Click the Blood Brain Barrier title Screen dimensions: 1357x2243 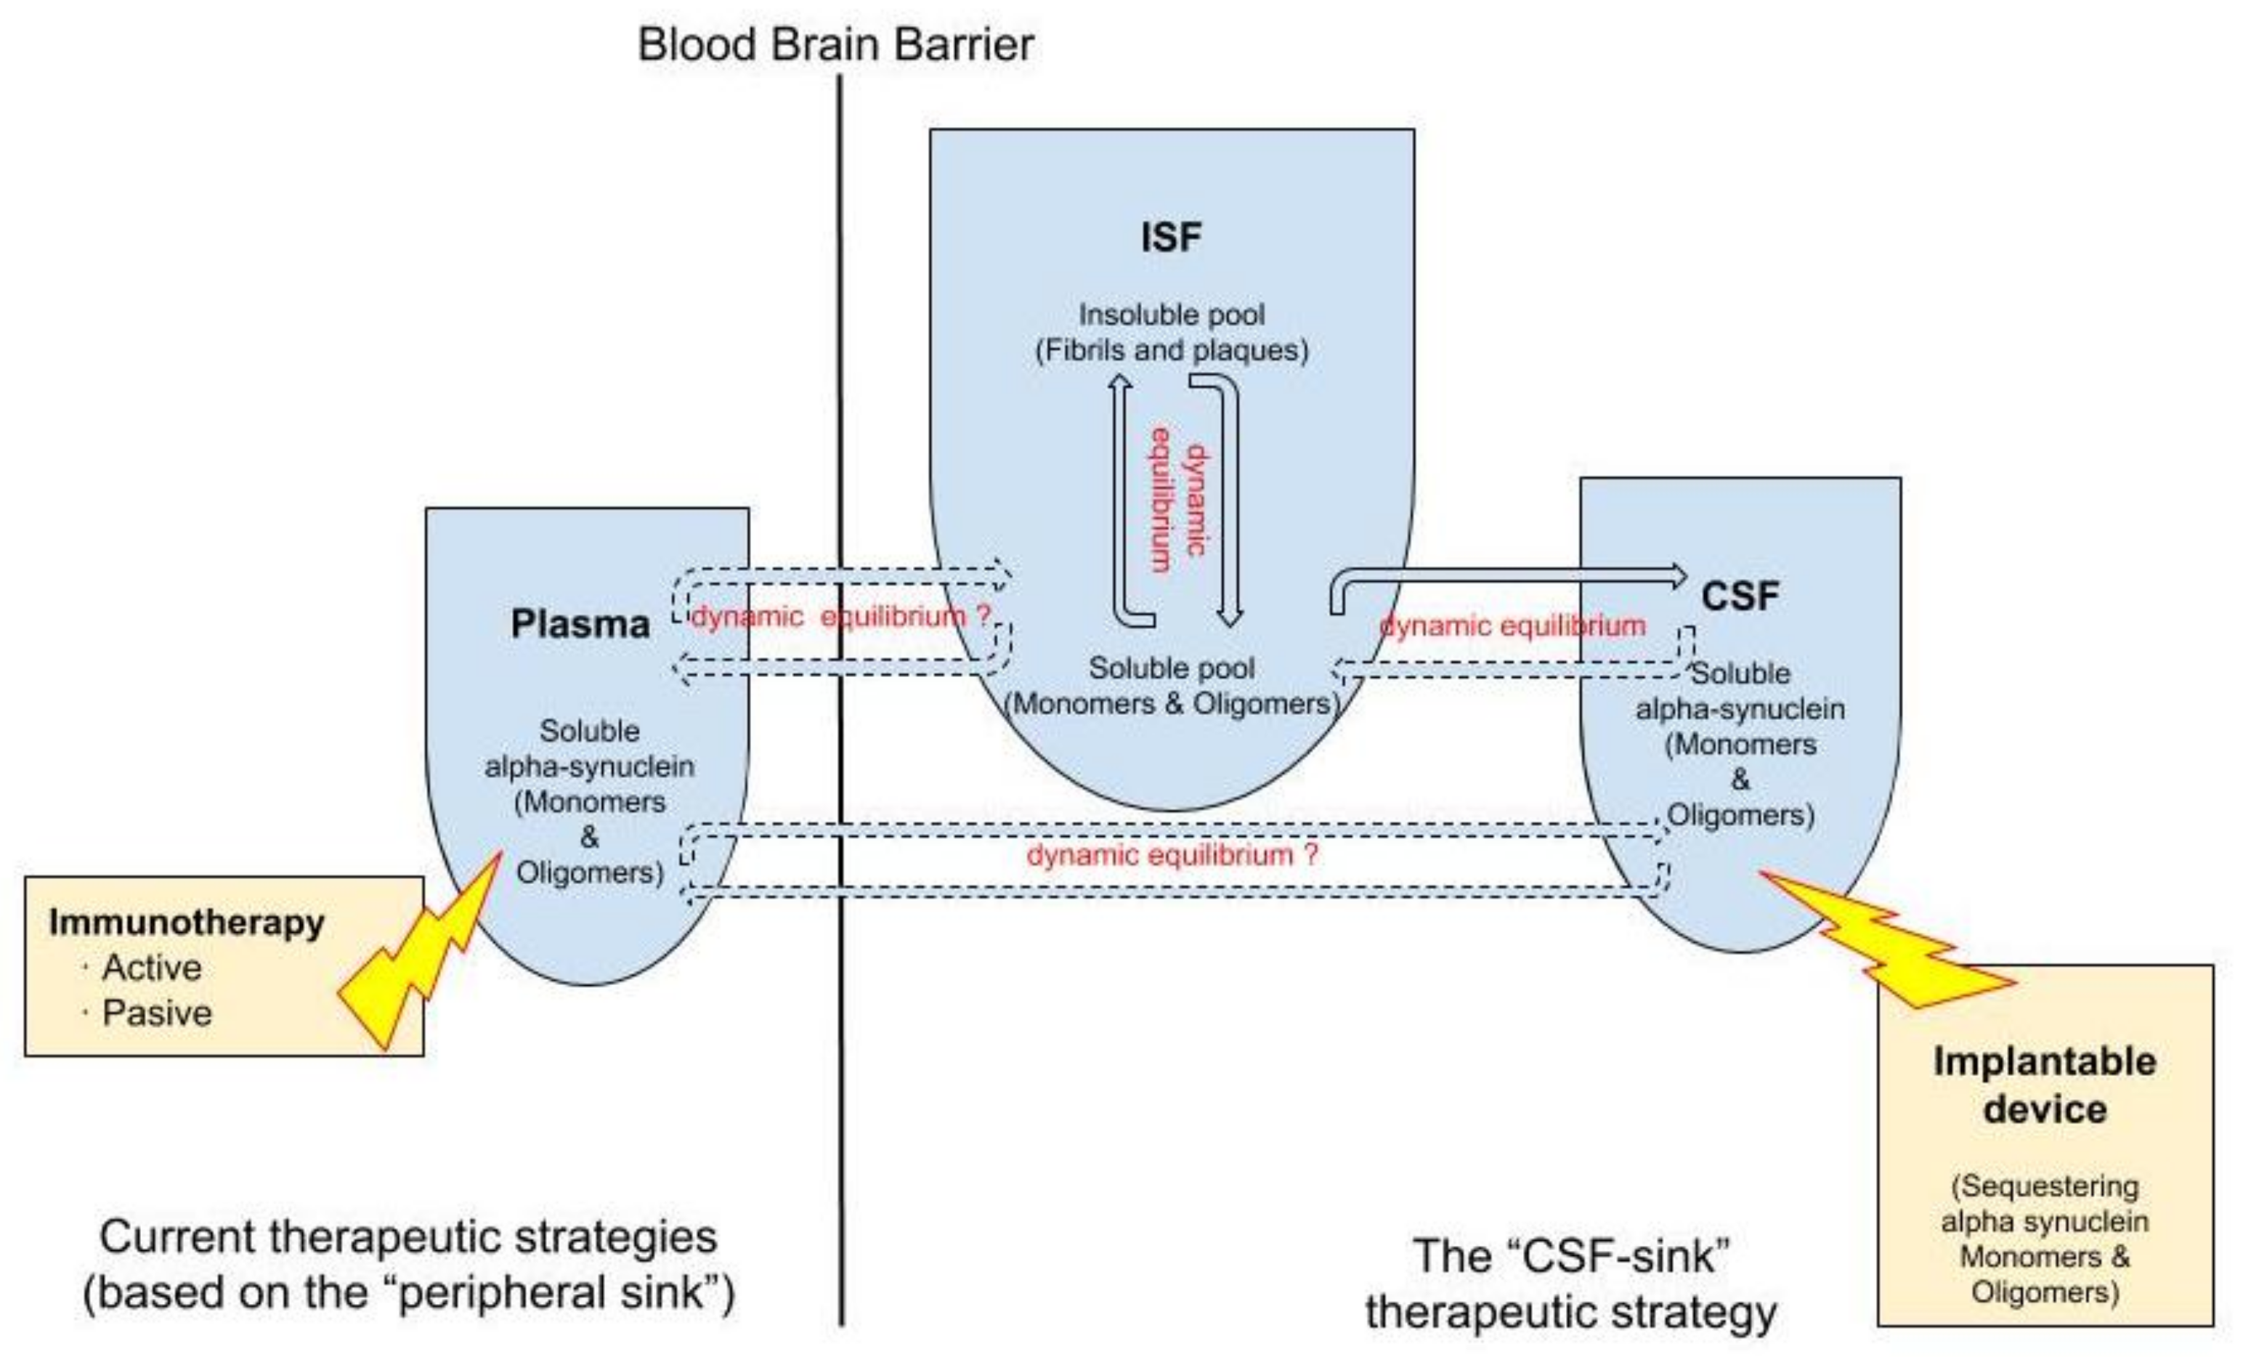tap(835, 44)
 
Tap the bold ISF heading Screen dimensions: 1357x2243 tap(1172, 238)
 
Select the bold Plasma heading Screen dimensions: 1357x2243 tap(580, 624)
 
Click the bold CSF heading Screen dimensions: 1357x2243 tap(1740, 597)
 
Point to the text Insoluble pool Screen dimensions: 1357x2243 tap(1172, 315)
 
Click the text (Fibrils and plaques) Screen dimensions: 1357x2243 tap(1172, 350)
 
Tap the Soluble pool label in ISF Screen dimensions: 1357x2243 tap(1172, 668)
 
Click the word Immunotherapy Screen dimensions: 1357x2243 tap(187, 923)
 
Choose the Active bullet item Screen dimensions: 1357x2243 tap(151, 968)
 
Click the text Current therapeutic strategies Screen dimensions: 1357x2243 tap(407, 1237)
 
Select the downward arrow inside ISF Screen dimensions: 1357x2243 tap(1230, 501)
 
